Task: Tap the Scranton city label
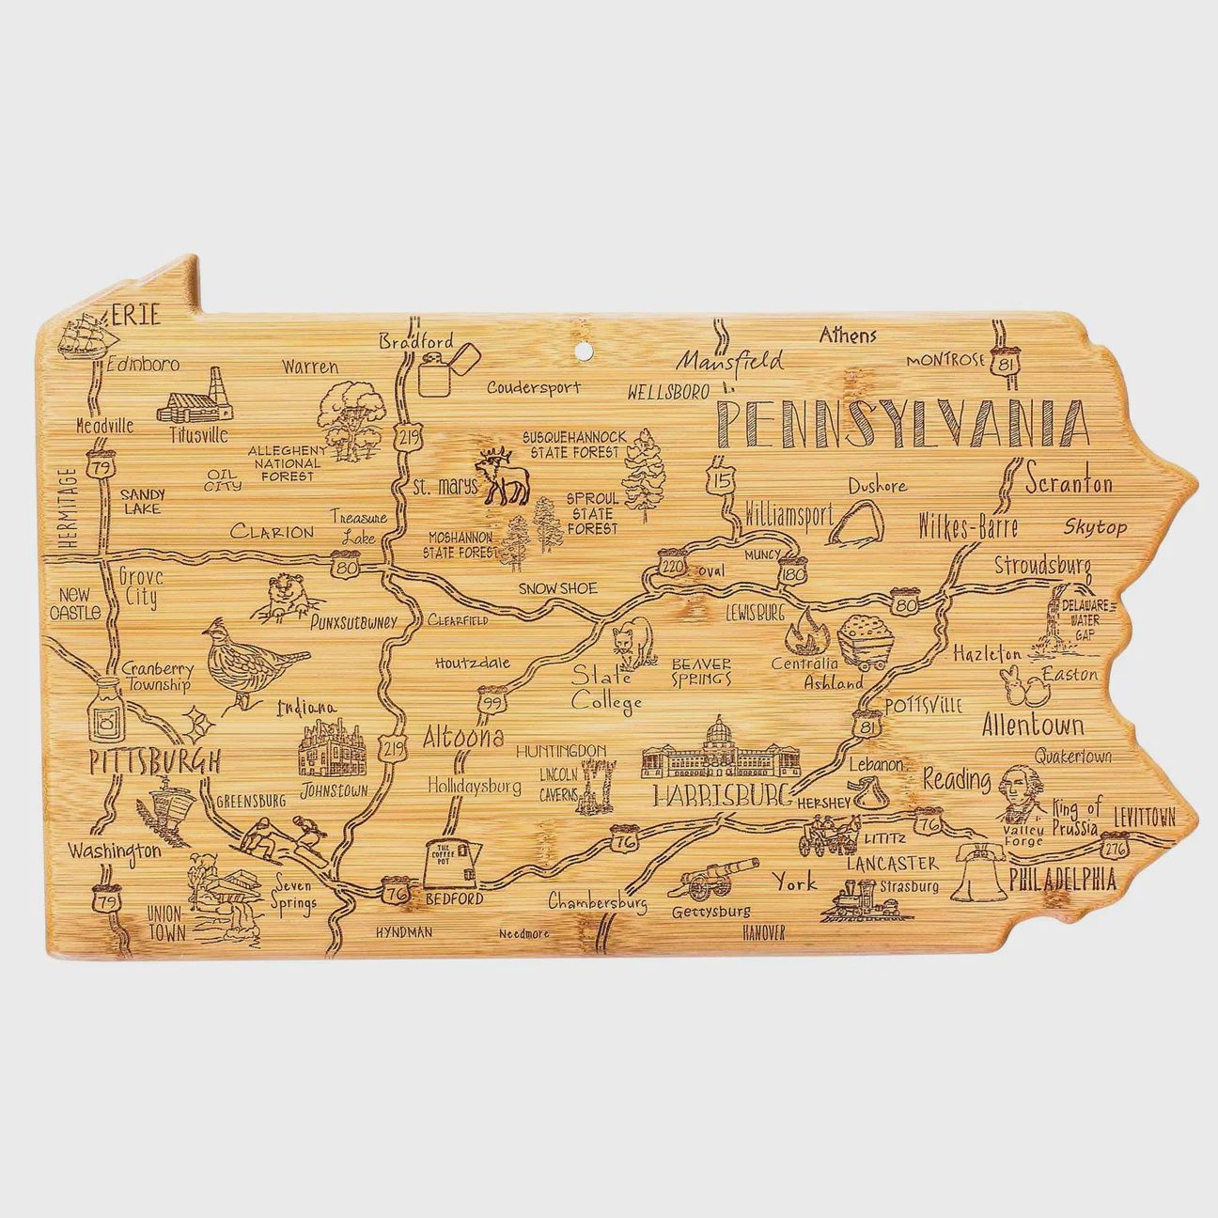coord(1069,484)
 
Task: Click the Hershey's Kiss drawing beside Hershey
coord(869,796)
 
